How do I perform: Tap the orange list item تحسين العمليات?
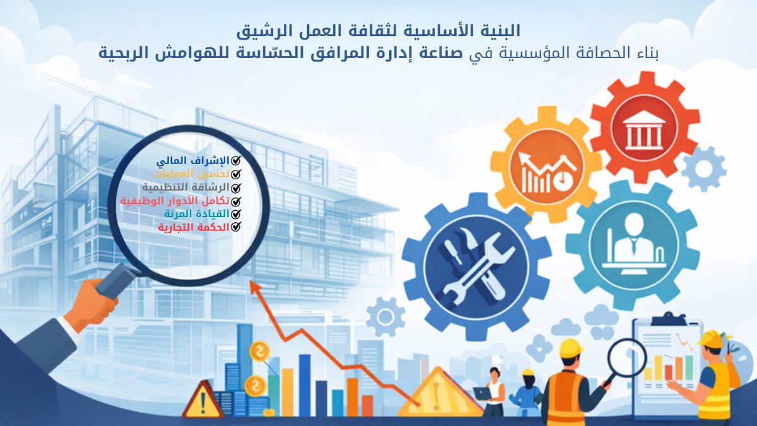click(195, 174)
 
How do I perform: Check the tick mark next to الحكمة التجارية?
click(237, 227)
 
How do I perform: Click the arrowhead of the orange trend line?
click(255, 288)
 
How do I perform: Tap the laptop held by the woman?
click(482, 393)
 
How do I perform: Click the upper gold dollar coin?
click(259, 351)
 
